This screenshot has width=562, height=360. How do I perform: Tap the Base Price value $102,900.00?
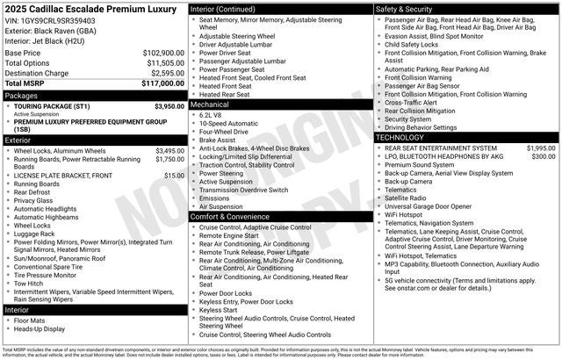click(x=163, y=53)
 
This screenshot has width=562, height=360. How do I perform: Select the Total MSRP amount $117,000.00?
click(x=163, y=83)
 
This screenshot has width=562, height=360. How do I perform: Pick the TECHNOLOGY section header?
click(x=403, y=138)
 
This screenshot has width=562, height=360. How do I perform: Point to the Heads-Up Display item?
click(x=40, y=329)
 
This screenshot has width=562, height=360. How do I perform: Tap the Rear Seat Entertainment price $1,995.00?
click(x=541, y=148)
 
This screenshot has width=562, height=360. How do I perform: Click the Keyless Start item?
click(x=219, y=310)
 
